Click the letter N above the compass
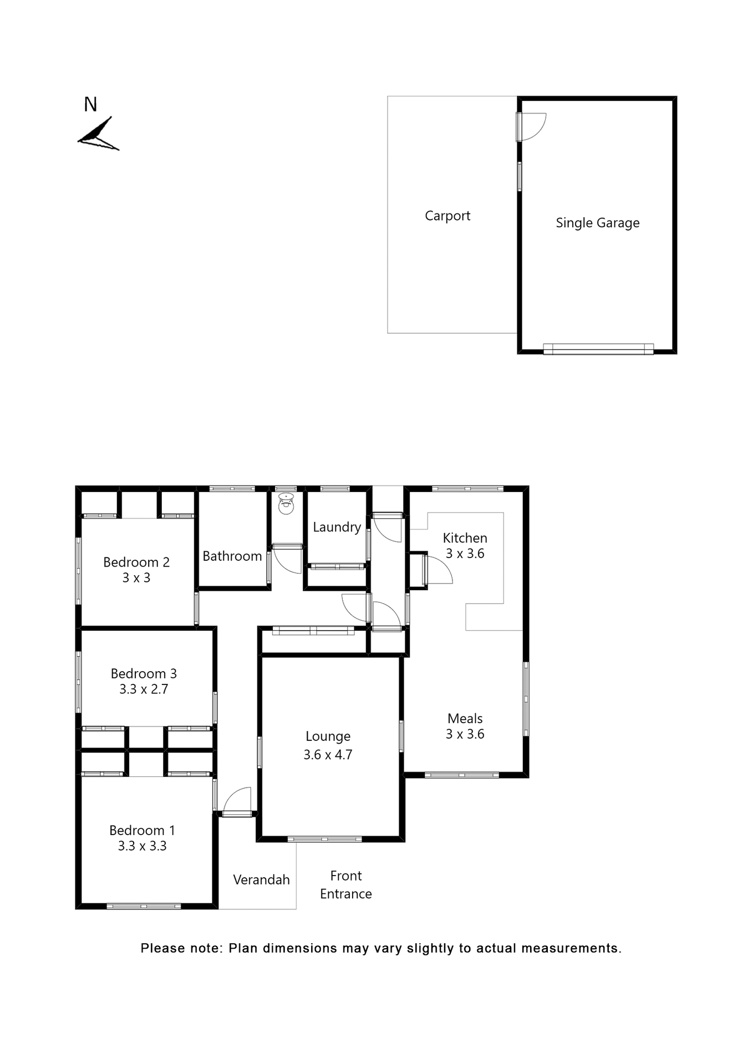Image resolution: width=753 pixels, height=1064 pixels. (x=90, y=105)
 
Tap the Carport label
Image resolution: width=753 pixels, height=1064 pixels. (x=447, y=216)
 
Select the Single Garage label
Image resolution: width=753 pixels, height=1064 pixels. (x=597, y=223)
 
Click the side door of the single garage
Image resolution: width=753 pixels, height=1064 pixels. (x=531, y=127)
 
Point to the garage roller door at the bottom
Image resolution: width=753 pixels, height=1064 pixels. (x=598, y=349)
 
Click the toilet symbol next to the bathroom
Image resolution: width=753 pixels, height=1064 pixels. (x=286, y=503)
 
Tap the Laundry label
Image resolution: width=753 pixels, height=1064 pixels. (x=337, y=527)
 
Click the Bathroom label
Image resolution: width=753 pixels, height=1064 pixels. (x=232, y=556)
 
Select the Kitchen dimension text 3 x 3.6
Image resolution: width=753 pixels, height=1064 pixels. (x=465, y=554)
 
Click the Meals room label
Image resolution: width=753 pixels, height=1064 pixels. (x=465, y=719)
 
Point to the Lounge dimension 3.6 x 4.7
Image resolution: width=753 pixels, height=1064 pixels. (x=328, y=755)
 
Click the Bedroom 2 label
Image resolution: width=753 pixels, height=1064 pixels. (x=136, y=562)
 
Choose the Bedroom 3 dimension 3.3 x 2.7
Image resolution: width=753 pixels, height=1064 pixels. (x=144, y=689)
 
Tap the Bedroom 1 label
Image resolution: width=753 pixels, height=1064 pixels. (x=142, y=831)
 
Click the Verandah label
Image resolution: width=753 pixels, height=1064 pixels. (x=261, y=880)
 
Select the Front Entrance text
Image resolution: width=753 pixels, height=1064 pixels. (x=345, y=884)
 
